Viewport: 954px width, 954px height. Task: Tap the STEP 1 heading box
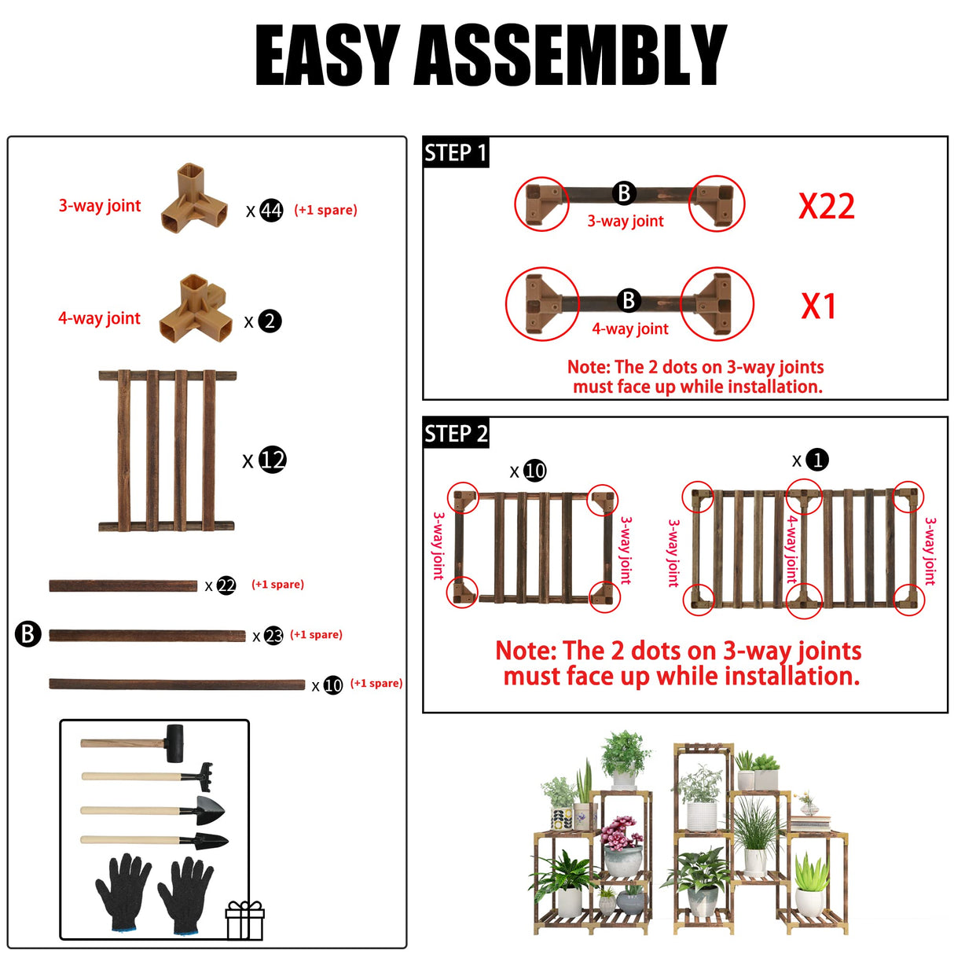(x=456, y=152)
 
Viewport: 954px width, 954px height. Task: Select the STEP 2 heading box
(x=456, y=433)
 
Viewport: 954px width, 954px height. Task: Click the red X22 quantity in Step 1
(x=826, y=207)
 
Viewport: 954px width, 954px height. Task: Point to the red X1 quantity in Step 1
(x=818, y=306)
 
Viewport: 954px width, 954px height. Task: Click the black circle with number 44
(x=271, y=211)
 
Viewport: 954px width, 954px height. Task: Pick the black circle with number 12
(x=272, y=460)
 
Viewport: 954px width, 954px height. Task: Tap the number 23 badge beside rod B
(x=273, y=636)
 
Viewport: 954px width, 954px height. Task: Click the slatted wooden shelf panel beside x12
(x=167, y=450)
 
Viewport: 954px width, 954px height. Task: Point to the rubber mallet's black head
(x=174, y=743)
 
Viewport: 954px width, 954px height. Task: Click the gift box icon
(x=244, y=920)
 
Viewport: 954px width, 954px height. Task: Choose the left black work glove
(x=123, y=892)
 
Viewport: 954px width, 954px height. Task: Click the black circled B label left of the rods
(x=28, y=633)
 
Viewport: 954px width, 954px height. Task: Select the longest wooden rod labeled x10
(x=177, y=684)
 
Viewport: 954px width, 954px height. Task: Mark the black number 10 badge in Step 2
(x=534, y=471)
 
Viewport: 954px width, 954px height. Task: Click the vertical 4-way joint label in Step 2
(x=792, y=549)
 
